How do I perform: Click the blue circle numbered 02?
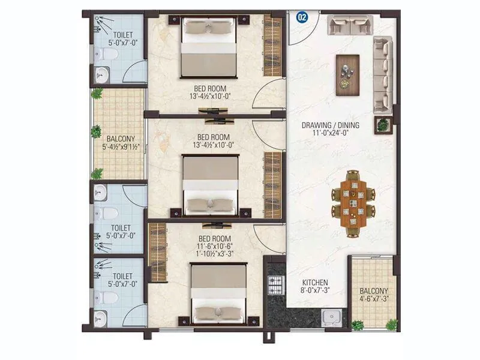[x=302, y=17]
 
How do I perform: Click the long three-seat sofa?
[x=382, y=71]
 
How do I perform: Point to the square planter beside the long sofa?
[x=383, y=125]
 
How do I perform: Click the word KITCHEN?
[x=315, y=283]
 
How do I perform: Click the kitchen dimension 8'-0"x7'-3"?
[x=315, y=291]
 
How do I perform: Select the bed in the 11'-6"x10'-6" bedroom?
[x=218, y=293]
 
